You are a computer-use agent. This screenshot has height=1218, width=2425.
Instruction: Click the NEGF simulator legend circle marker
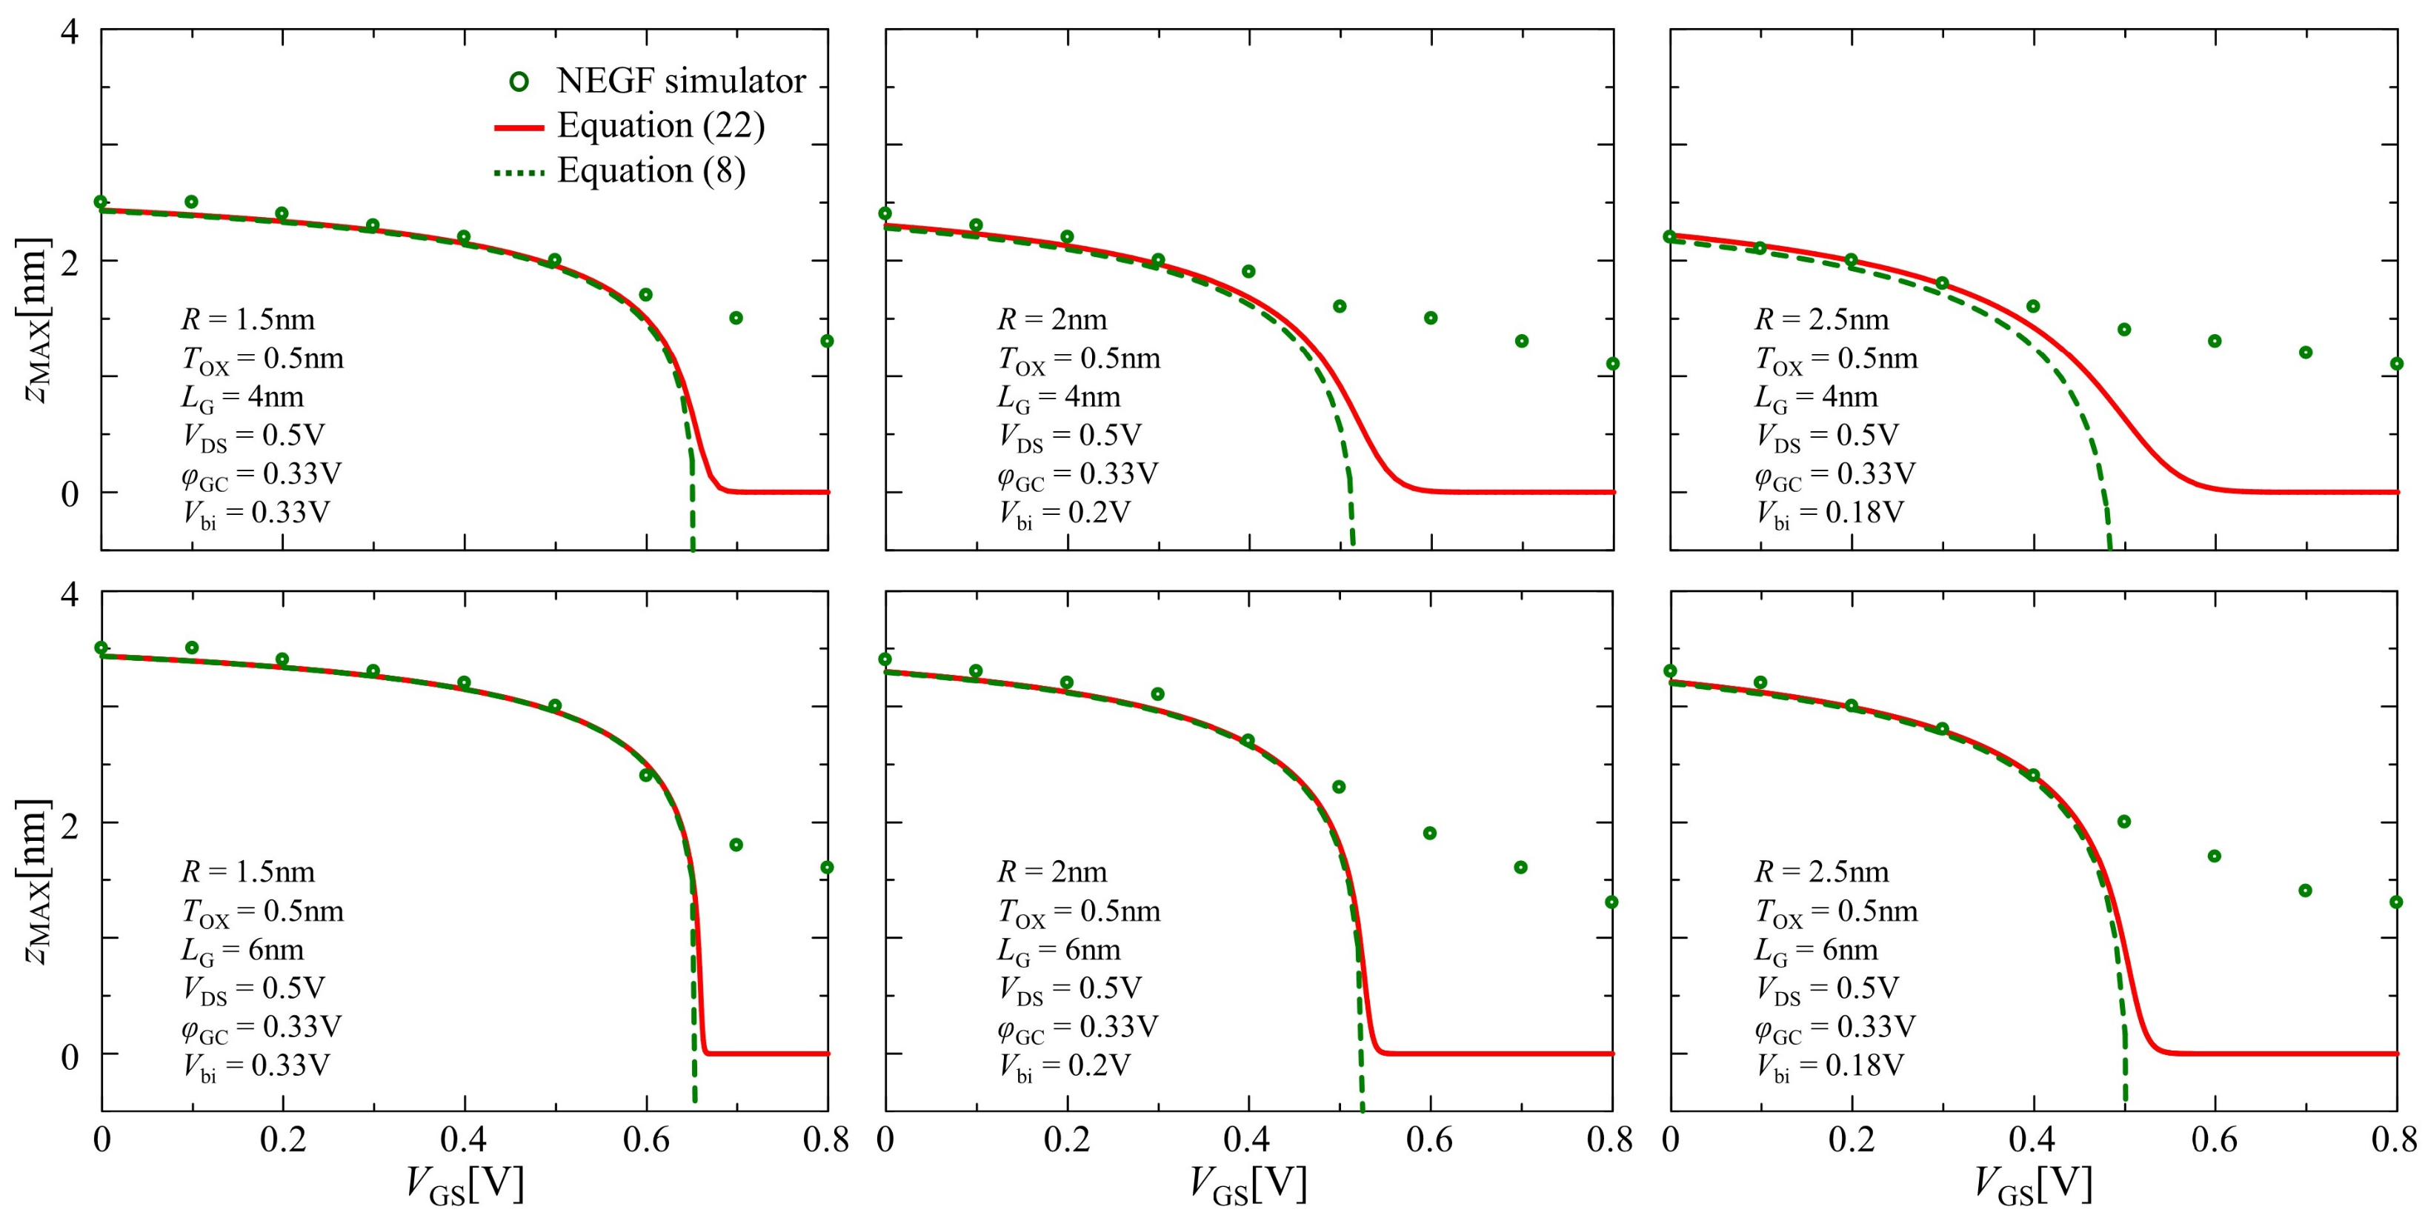click(519, 82)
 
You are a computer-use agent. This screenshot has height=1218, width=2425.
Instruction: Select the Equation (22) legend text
click(660, 125)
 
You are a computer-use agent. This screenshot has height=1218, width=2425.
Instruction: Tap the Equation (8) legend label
click(651, 170)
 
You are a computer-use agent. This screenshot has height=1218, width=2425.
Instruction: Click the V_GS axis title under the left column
click(463, 1184)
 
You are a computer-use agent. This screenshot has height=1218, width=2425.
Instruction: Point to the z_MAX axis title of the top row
click(36, 320)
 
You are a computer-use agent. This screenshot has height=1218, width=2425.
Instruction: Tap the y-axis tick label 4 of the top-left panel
click(70, 32)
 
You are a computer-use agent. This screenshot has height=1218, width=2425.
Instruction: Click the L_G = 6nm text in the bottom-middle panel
click(1058, 951)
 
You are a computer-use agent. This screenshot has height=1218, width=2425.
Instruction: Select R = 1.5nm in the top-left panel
click(247, 320)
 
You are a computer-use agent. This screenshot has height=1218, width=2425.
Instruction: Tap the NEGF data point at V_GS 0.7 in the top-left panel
click(736, 318)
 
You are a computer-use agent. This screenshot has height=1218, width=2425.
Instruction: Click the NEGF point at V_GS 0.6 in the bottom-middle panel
click(1429, 833)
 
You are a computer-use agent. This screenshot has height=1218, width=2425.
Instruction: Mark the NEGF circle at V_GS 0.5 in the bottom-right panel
click(2123, 822)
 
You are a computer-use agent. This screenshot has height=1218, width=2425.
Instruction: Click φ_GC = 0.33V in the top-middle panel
click(1077, 474)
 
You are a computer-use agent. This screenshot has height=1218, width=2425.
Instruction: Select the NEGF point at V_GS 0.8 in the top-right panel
click(2396, 363)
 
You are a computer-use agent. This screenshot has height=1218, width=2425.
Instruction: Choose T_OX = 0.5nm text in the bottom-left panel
click(262, 912)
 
